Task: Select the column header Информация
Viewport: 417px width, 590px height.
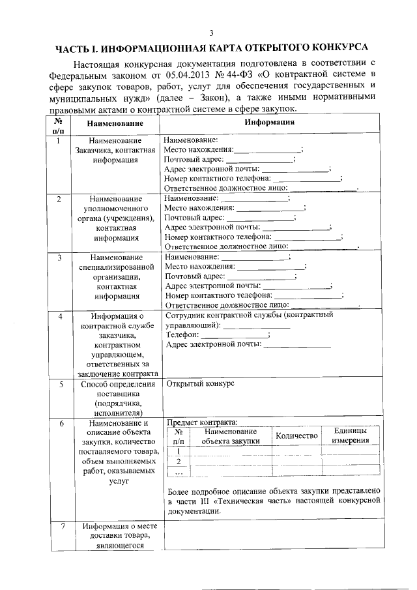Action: point(270,122)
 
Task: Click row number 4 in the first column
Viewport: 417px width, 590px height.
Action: point(59,316)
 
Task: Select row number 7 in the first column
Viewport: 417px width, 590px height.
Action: point(59,526)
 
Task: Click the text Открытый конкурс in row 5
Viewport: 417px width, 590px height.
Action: point(200,384)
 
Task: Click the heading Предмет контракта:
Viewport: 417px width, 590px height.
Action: point(203,422)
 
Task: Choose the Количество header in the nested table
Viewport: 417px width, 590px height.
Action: point(296,435)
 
